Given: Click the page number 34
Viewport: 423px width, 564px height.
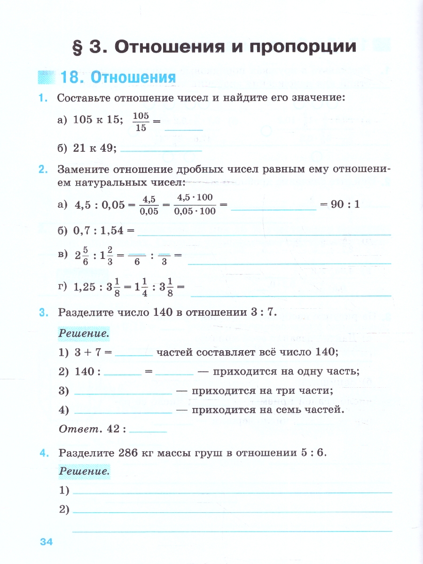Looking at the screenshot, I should coord(46,542).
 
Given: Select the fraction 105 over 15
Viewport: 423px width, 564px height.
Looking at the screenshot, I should coord(141,121).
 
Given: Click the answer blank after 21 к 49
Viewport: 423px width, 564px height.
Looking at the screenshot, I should coord(161,149).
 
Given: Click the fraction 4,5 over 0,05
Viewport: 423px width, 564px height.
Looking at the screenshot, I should coord(149,205).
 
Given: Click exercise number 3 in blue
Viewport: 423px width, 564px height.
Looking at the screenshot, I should coord(44,312).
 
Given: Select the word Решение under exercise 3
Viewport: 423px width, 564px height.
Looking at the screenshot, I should coord(84,334).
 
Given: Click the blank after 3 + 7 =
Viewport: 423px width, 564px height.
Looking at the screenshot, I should coord(134,352).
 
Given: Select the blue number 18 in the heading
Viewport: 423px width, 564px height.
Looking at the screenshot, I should coord(72,77).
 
